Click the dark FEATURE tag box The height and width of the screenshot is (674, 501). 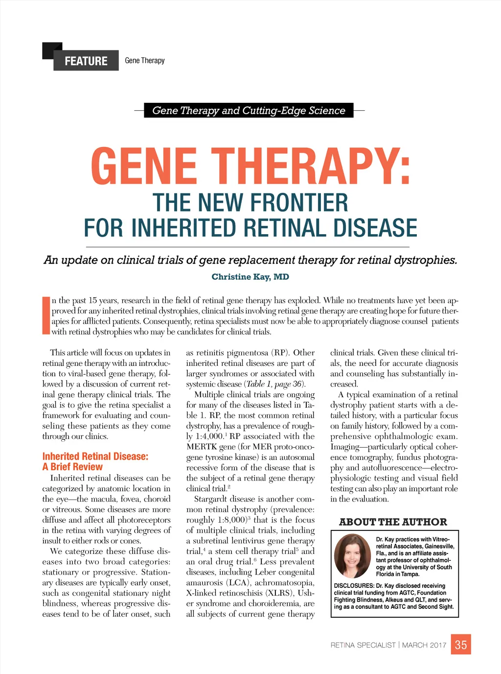click(x=86, y=61)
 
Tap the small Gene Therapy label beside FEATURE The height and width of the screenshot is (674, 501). click(x=145, y=61)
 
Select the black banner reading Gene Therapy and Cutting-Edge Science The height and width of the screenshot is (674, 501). click(x=249, y=110)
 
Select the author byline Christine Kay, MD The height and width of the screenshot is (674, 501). click(x=250, y=277)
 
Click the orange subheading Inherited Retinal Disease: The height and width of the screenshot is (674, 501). click(x=95, y=457)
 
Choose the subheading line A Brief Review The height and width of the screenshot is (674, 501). click(x=72, y=467)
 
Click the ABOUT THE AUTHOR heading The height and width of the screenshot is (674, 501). click(x=393, y=522)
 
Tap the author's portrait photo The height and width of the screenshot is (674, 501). click(x=352, y=556)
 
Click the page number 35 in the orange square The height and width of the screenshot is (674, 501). click(x=461, y=645)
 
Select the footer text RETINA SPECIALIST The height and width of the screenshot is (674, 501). click(x=363, y=645)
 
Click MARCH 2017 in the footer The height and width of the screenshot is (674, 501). click(x=424, y=645)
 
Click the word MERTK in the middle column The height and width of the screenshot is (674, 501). click(x=201, y=447)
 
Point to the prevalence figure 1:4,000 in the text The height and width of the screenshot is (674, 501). click(x=209, y=436)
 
